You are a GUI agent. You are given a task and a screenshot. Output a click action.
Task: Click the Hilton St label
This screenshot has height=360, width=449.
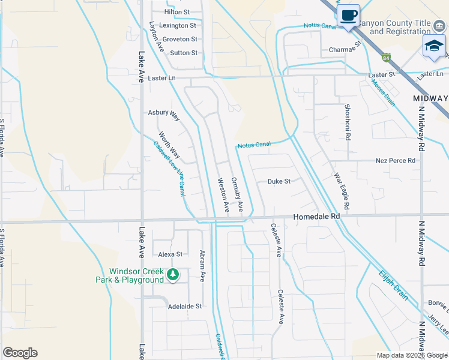(177, 12)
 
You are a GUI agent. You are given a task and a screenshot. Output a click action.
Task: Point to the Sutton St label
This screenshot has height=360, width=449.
(184, 53)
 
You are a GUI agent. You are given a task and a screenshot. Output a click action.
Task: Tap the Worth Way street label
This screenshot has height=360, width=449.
(169, 145)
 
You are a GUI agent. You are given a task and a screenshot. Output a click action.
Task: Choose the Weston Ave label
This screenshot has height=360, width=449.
(223, 195)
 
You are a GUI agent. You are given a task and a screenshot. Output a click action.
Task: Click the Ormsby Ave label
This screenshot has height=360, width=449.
(237, 194)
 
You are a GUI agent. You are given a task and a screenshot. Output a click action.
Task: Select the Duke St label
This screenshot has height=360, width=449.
(279, 181)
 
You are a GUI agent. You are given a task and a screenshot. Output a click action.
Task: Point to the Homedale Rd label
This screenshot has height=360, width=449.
(316, 216)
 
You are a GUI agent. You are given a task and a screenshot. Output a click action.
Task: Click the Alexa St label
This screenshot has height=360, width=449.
(170, 254)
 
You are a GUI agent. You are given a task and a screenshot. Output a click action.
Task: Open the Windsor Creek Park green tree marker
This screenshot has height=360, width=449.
(173, 274)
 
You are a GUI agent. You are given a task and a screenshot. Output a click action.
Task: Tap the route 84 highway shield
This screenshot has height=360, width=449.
(387, 58)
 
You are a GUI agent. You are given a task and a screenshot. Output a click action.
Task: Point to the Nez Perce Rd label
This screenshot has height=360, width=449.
(396, 161)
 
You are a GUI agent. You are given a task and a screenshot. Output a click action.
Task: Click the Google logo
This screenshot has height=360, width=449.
(20, 353)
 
